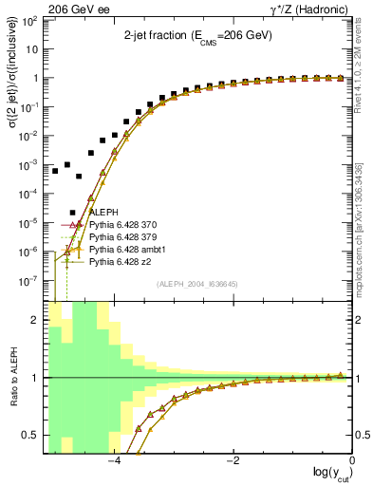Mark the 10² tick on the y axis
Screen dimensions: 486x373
pyautogui.click(x=31, y=20)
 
